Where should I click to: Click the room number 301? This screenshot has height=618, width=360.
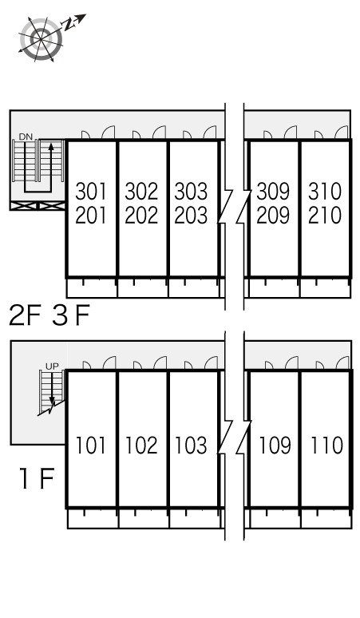pos(91,191)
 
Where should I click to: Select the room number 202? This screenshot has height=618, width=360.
pos(141,216)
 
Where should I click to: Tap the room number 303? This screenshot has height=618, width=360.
pos(191,191)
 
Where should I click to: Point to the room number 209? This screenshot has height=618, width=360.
pos(273,216)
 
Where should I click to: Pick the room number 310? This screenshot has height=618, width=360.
pos(325,191)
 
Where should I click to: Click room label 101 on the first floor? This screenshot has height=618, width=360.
pos(90,446)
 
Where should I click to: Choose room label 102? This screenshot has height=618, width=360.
pos(141,446)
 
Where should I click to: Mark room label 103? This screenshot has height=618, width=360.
pos(191,446)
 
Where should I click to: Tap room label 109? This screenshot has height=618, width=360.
pos(275,446)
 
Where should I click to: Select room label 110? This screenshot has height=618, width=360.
pos(327,446)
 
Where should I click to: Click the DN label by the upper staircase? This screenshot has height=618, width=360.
pos(26,137)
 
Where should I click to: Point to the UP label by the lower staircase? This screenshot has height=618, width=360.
pos(52,366)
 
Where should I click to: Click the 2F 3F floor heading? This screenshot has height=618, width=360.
pos(49,315)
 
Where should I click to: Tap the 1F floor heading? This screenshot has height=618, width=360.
pos(37,478)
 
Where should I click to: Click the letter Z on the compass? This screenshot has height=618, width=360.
pos(69,25)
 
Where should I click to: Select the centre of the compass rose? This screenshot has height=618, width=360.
pos(41,38)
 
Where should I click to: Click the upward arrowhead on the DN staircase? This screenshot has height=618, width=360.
pos(51,147)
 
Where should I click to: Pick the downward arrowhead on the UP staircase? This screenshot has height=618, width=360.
pos(52,401)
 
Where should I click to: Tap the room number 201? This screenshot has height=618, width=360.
pos(91,216)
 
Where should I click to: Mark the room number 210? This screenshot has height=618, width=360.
pos(325,216)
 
